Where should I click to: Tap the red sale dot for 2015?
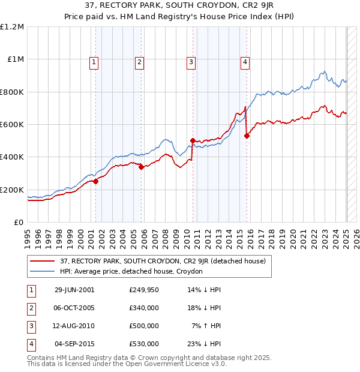click(x=247, y=136)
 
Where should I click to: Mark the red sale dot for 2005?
click(x=141, y=167)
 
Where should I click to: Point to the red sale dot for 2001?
click(x=96, y=182)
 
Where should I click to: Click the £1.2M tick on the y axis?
click(x=12, y=27)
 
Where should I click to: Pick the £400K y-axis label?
click(x=12, y=157)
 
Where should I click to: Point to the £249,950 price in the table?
click(x=143, y=290)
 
